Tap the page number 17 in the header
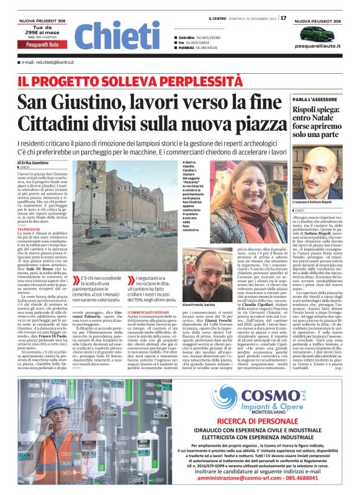[x=284, y=17]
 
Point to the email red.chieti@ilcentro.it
[x=51, y=63]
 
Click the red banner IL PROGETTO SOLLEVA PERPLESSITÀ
[x=98, y=80]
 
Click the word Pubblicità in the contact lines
[x=189, y=47]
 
